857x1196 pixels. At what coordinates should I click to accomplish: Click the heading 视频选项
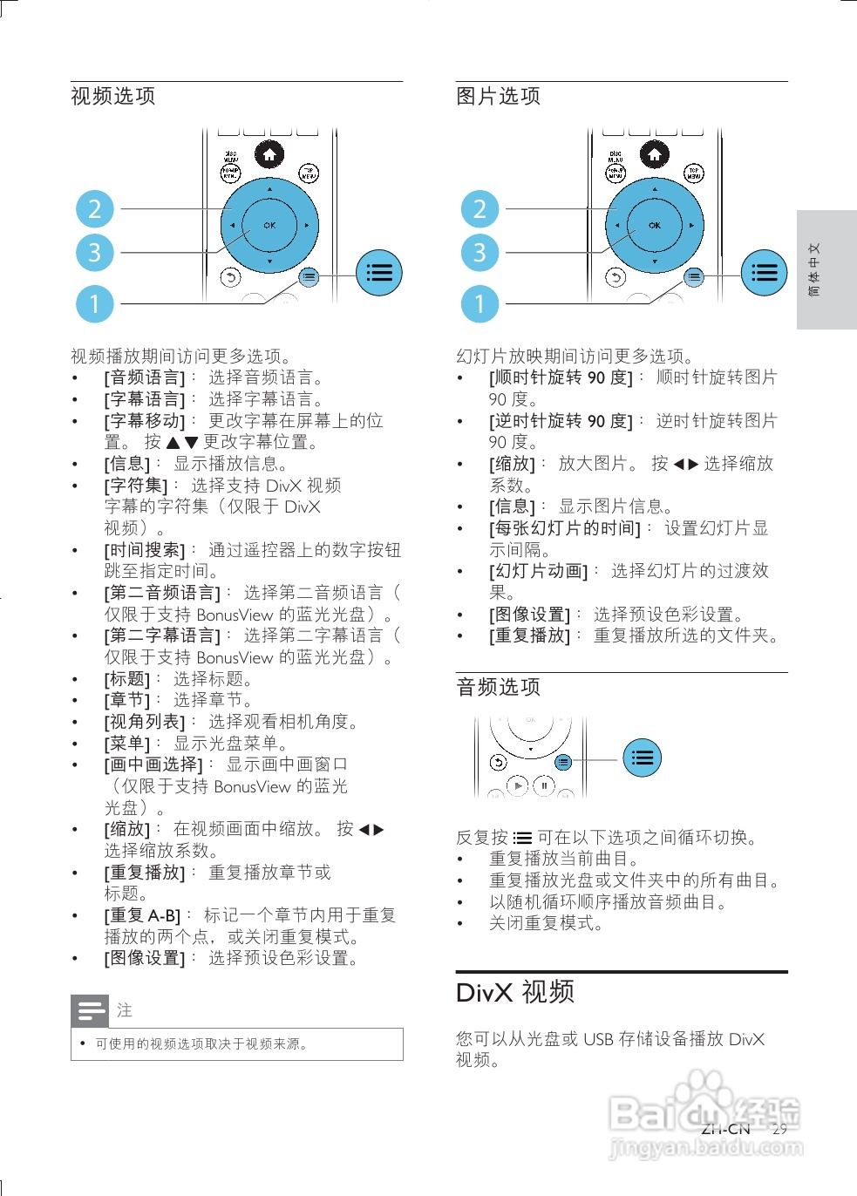pos(112,96)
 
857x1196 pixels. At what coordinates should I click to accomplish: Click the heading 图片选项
pos(498,96)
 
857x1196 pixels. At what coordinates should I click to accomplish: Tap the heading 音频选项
pos(498,687)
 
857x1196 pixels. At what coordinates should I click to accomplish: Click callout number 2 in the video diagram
pos(94,208)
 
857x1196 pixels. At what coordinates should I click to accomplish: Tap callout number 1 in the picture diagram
pos(480,303)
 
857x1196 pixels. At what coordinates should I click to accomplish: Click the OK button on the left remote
pos(269,225)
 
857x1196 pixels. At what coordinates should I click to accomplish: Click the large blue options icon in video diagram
pos(379,273)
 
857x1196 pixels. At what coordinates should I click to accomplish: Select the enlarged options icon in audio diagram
pos(643,758)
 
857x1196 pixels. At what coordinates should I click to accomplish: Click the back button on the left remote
pos(230,277)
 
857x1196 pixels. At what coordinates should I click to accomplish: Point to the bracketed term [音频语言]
pos(145,377)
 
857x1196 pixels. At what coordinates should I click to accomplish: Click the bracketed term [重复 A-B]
pos(142,916)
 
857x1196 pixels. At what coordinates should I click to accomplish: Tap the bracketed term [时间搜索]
pos(145,550)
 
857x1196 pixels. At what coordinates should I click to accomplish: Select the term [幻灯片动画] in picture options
pos(538,571)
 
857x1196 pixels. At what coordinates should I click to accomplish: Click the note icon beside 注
pos(90,1010)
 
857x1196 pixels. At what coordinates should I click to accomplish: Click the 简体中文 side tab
pos(814,269)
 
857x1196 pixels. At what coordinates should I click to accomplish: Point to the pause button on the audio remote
pos(544,785)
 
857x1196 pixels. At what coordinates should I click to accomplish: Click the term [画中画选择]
pos(153,764)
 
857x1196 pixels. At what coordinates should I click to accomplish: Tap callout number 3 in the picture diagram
pos(480,252)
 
